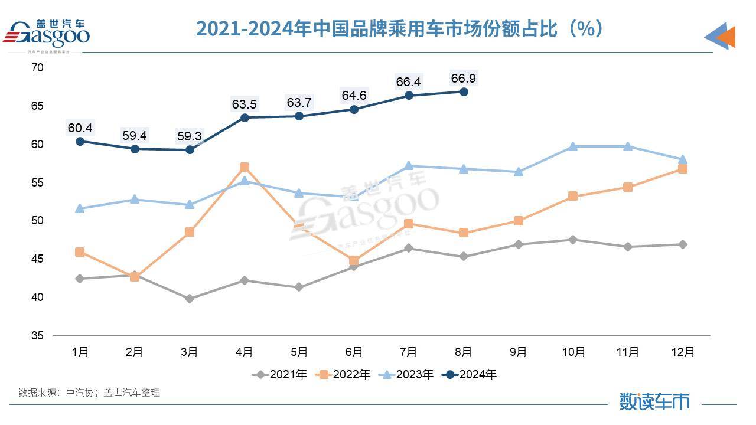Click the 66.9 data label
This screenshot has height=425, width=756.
tap(463, 79)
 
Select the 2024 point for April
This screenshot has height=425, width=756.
tap(244, 117)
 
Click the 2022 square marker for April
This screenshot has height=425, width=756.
tap(244, 167)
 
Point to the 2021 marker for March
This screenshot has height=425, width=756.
tap(189, 299)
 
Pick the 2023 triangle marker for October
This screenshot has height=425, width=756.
tap(573, 146)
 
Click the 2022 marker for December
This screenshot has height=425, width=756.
tap(682, 169)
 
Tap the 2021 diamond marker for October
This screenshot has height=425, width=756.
tap(573, 240)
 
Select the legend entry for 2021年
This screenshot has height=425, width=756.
tap(280, 374)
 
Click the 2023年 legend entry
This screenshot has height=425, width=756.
tap(407, 374)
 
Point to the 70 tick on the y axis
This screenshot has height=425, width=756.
tap(37, 68)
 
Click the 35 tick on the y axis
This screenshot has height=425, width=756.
tap(37, 336)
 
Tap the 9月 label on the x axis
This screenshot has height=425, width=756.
tap(518, 352)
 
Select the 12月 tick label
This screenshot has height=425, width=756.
tap(682, 352)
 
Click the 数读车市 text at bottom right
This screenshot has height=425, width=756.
tap(654, 401)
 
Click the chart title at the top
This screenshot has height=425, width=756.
tap(399, 28)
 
